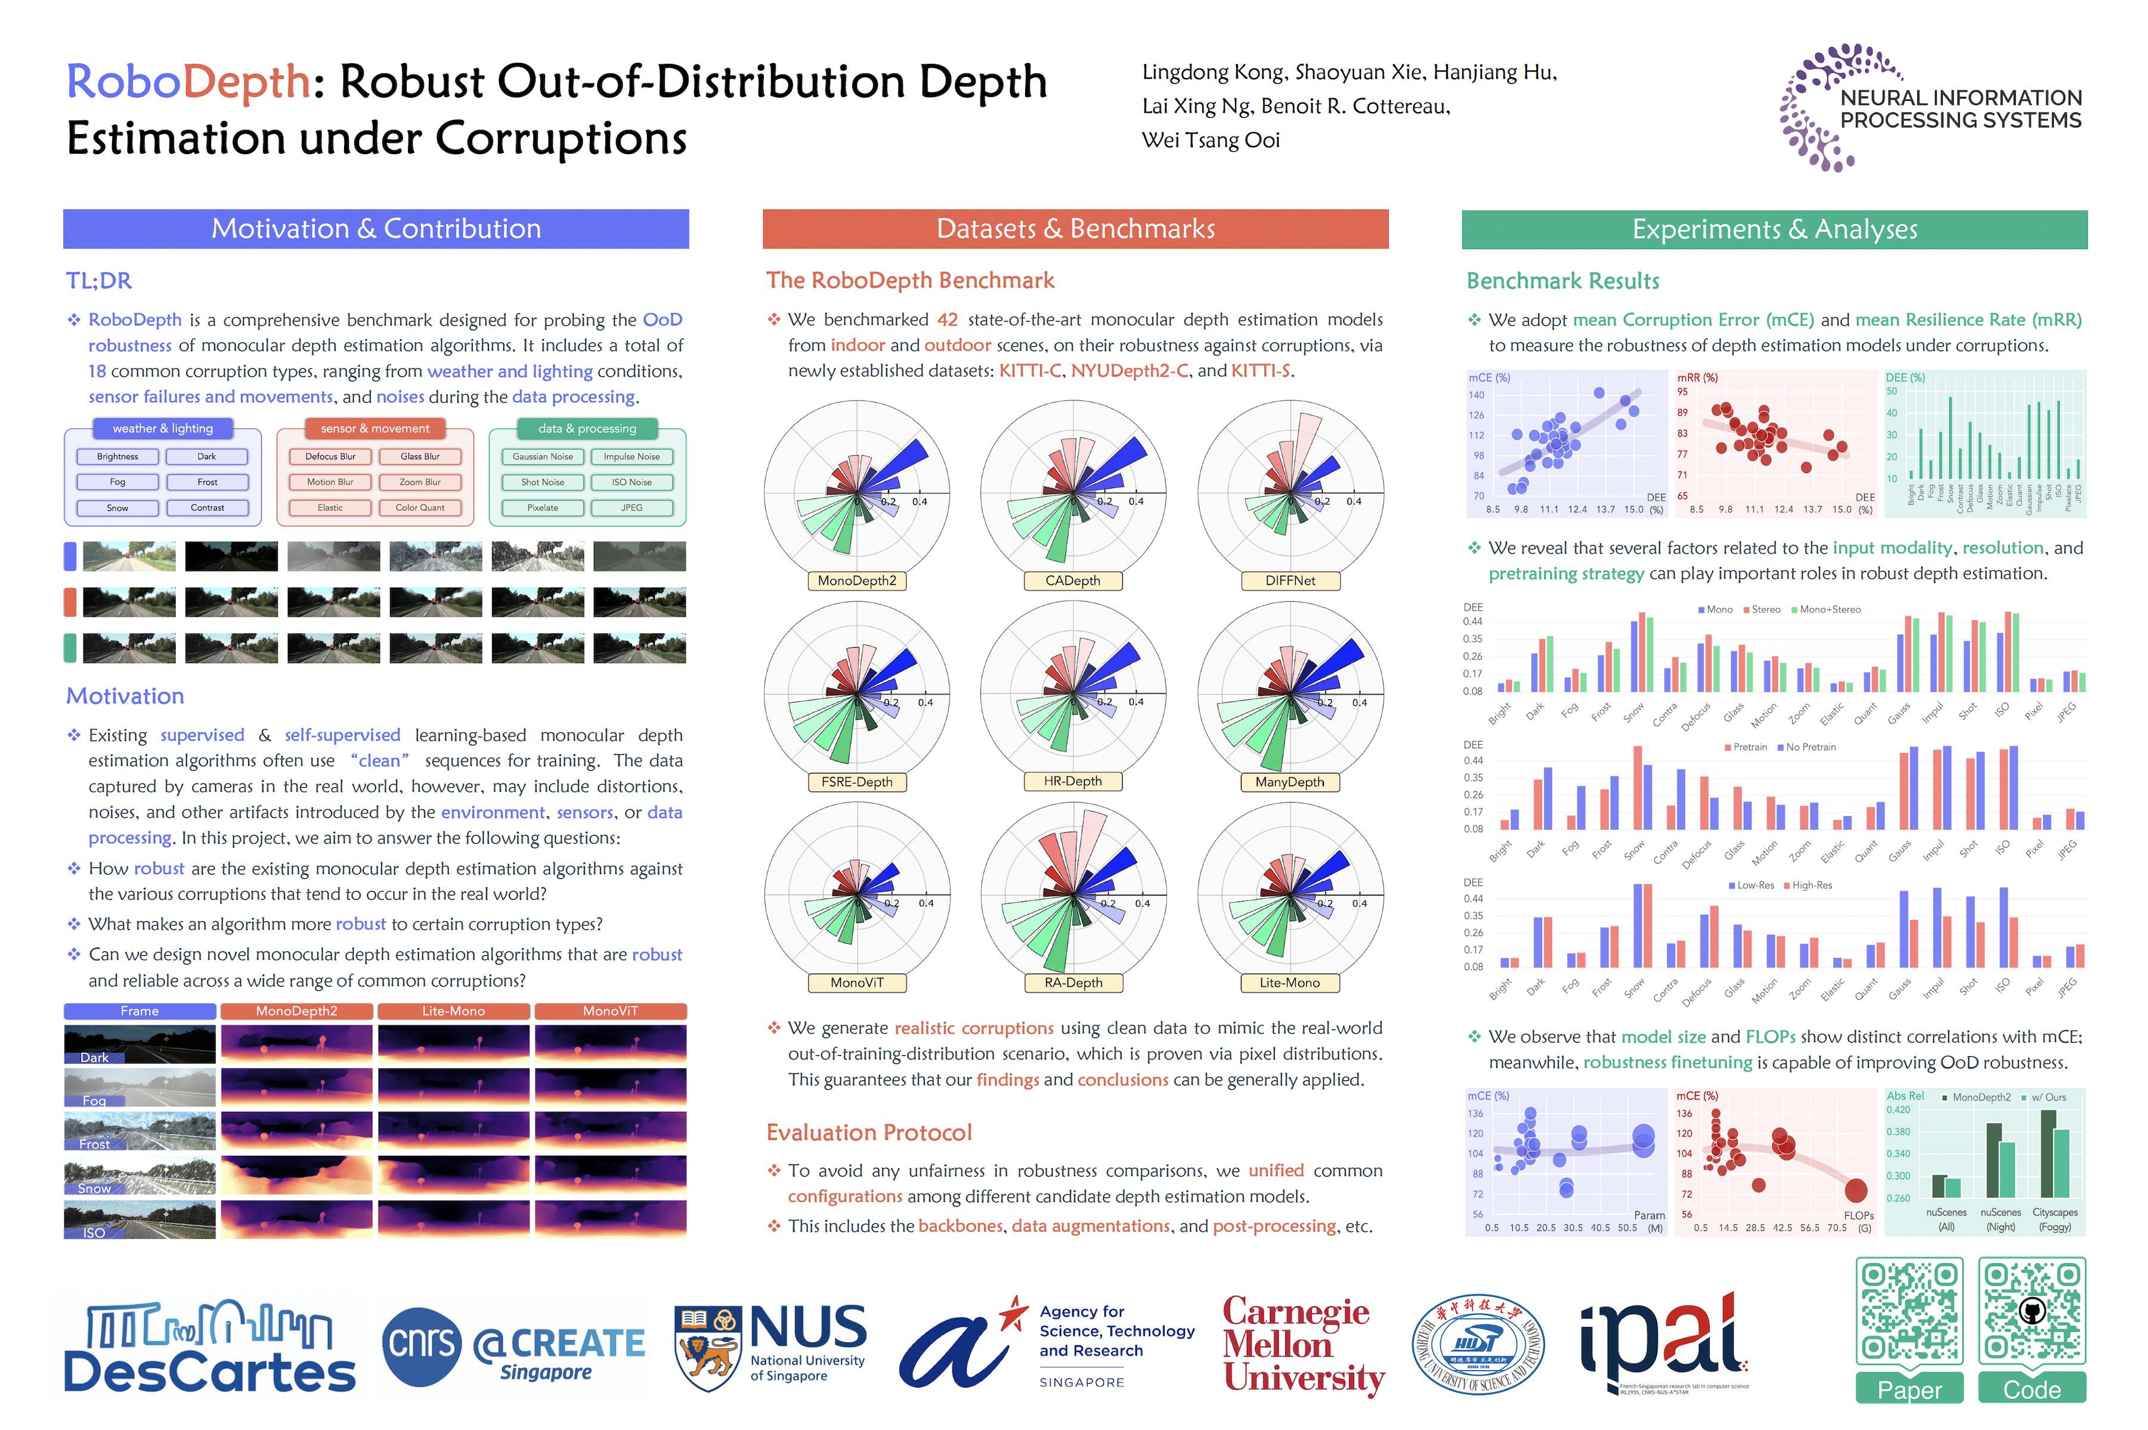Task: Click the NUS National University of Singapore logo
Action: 771,1346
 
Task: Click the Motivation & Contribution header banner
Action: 376,229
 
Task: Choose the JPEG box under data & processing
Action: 632,508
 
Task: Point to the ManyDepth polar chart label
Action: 1289,782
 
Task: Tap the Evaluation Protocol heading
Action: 869,1133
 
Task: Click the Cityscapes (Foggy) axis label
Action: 2055,1219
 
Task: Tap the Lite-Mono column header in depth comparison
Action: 453,1011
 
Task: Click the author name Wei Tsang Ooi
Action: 1211,141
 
